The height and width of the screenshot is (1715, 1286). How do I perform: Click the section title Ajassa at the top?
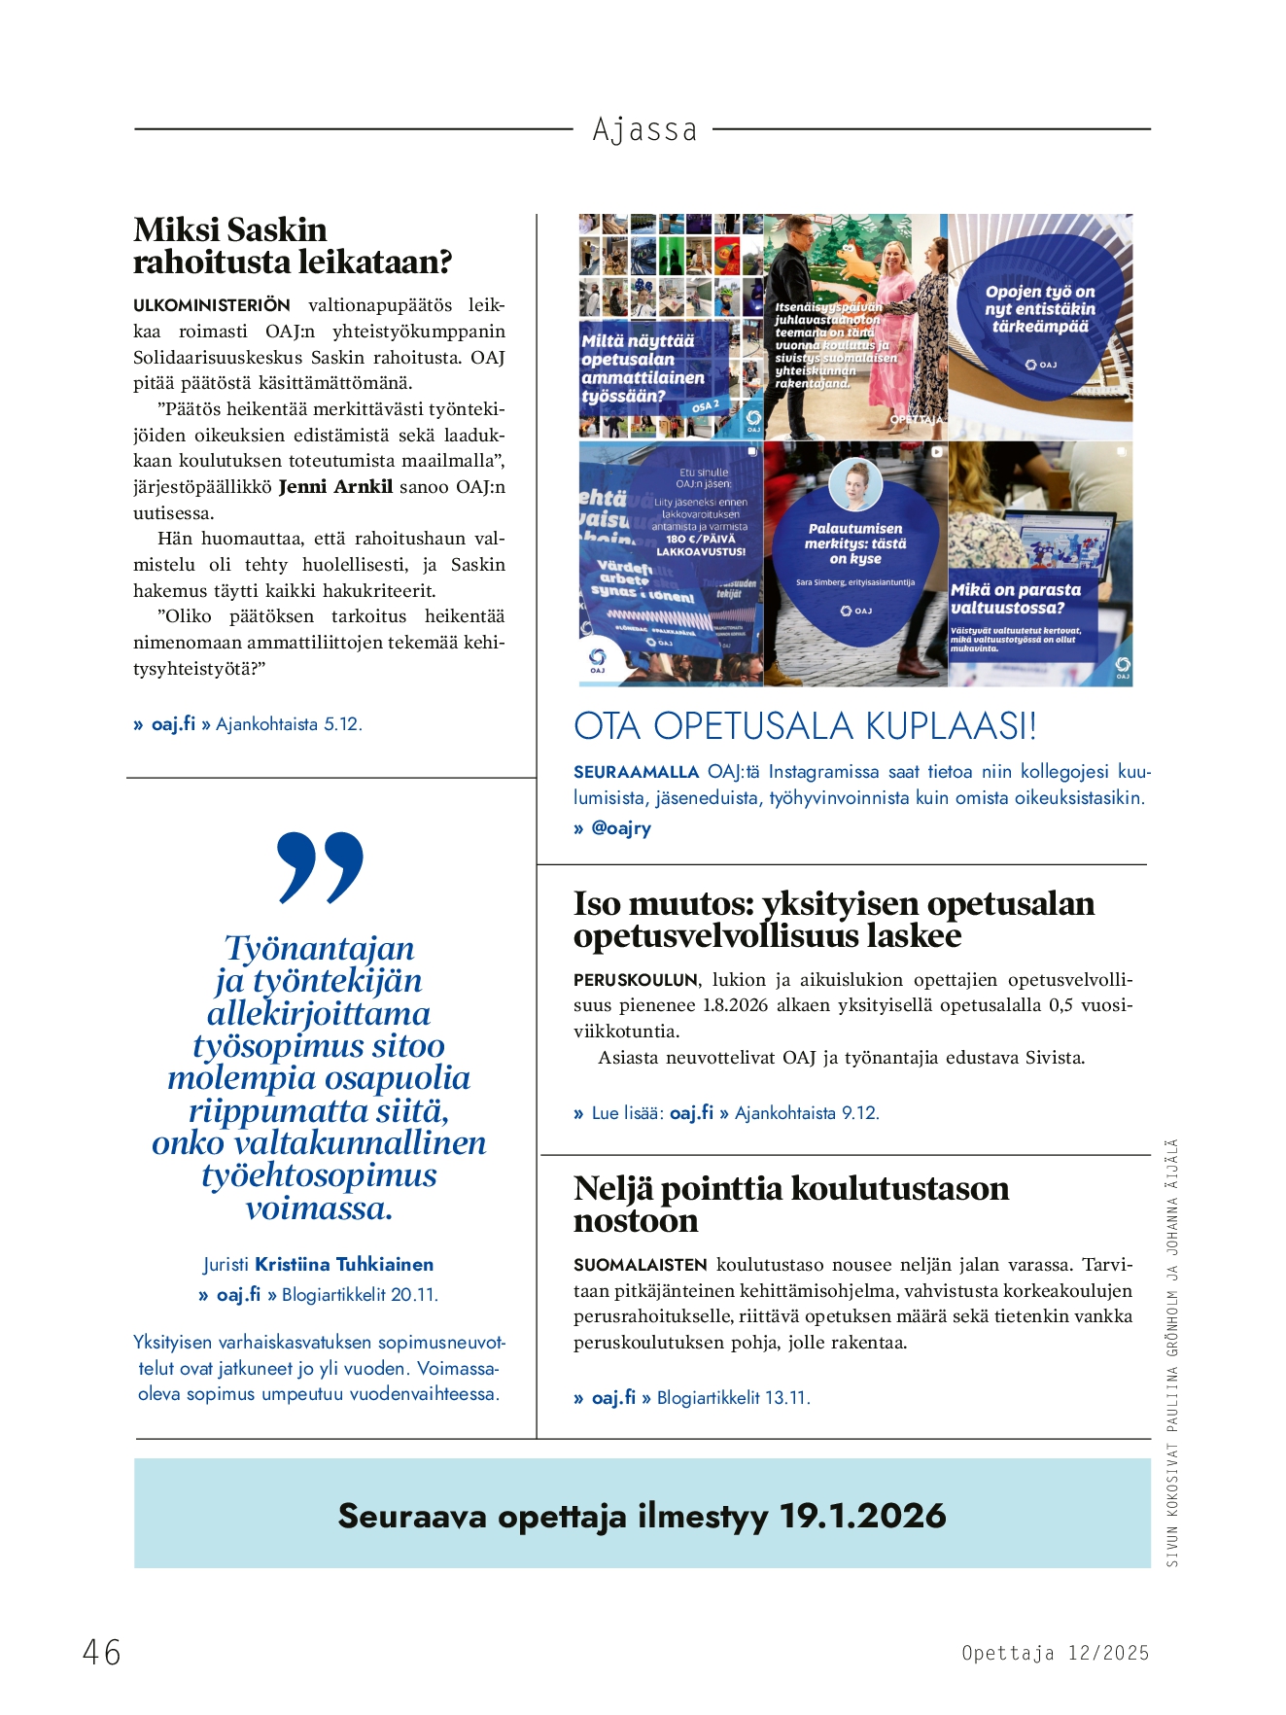click(x=644, y=129)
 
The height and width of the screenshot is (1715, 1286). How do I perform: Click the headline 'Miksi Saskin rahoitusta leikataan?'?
click(x=293, y=246)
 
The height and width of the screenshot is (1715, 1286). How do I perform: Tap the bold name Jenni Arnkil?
click(x=335, y=487)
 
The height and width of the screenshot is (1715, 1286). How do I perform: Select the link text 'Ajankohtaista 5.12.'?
click(x=289, y=724)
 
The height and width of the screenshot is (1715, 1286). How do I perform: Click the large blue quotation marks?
click(x=320, y=866)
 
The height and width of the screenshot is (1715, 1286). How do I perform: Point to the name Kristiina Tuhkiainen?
click(x=344, y=1265)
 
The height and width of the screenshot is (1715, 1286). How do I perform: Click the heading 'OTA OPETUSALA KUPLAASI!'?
click(x=805, y=726)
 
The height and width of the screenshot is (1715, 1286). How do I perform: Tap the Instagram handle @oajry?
click(x=621, y=828)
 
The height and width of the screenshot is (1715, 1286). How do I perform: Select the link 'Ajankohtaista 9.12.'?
click(x=807, y=1113)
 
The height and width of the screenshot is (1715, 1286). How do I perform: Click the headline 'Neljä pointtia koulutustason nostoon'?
click(x=790, y=1205)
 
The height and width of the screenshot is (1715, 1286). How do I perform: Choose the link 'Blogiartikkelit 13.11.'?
click(x=733, y=1398)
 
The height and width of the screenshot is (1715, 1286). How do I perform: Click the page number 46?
click(x=102, y=1652)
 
